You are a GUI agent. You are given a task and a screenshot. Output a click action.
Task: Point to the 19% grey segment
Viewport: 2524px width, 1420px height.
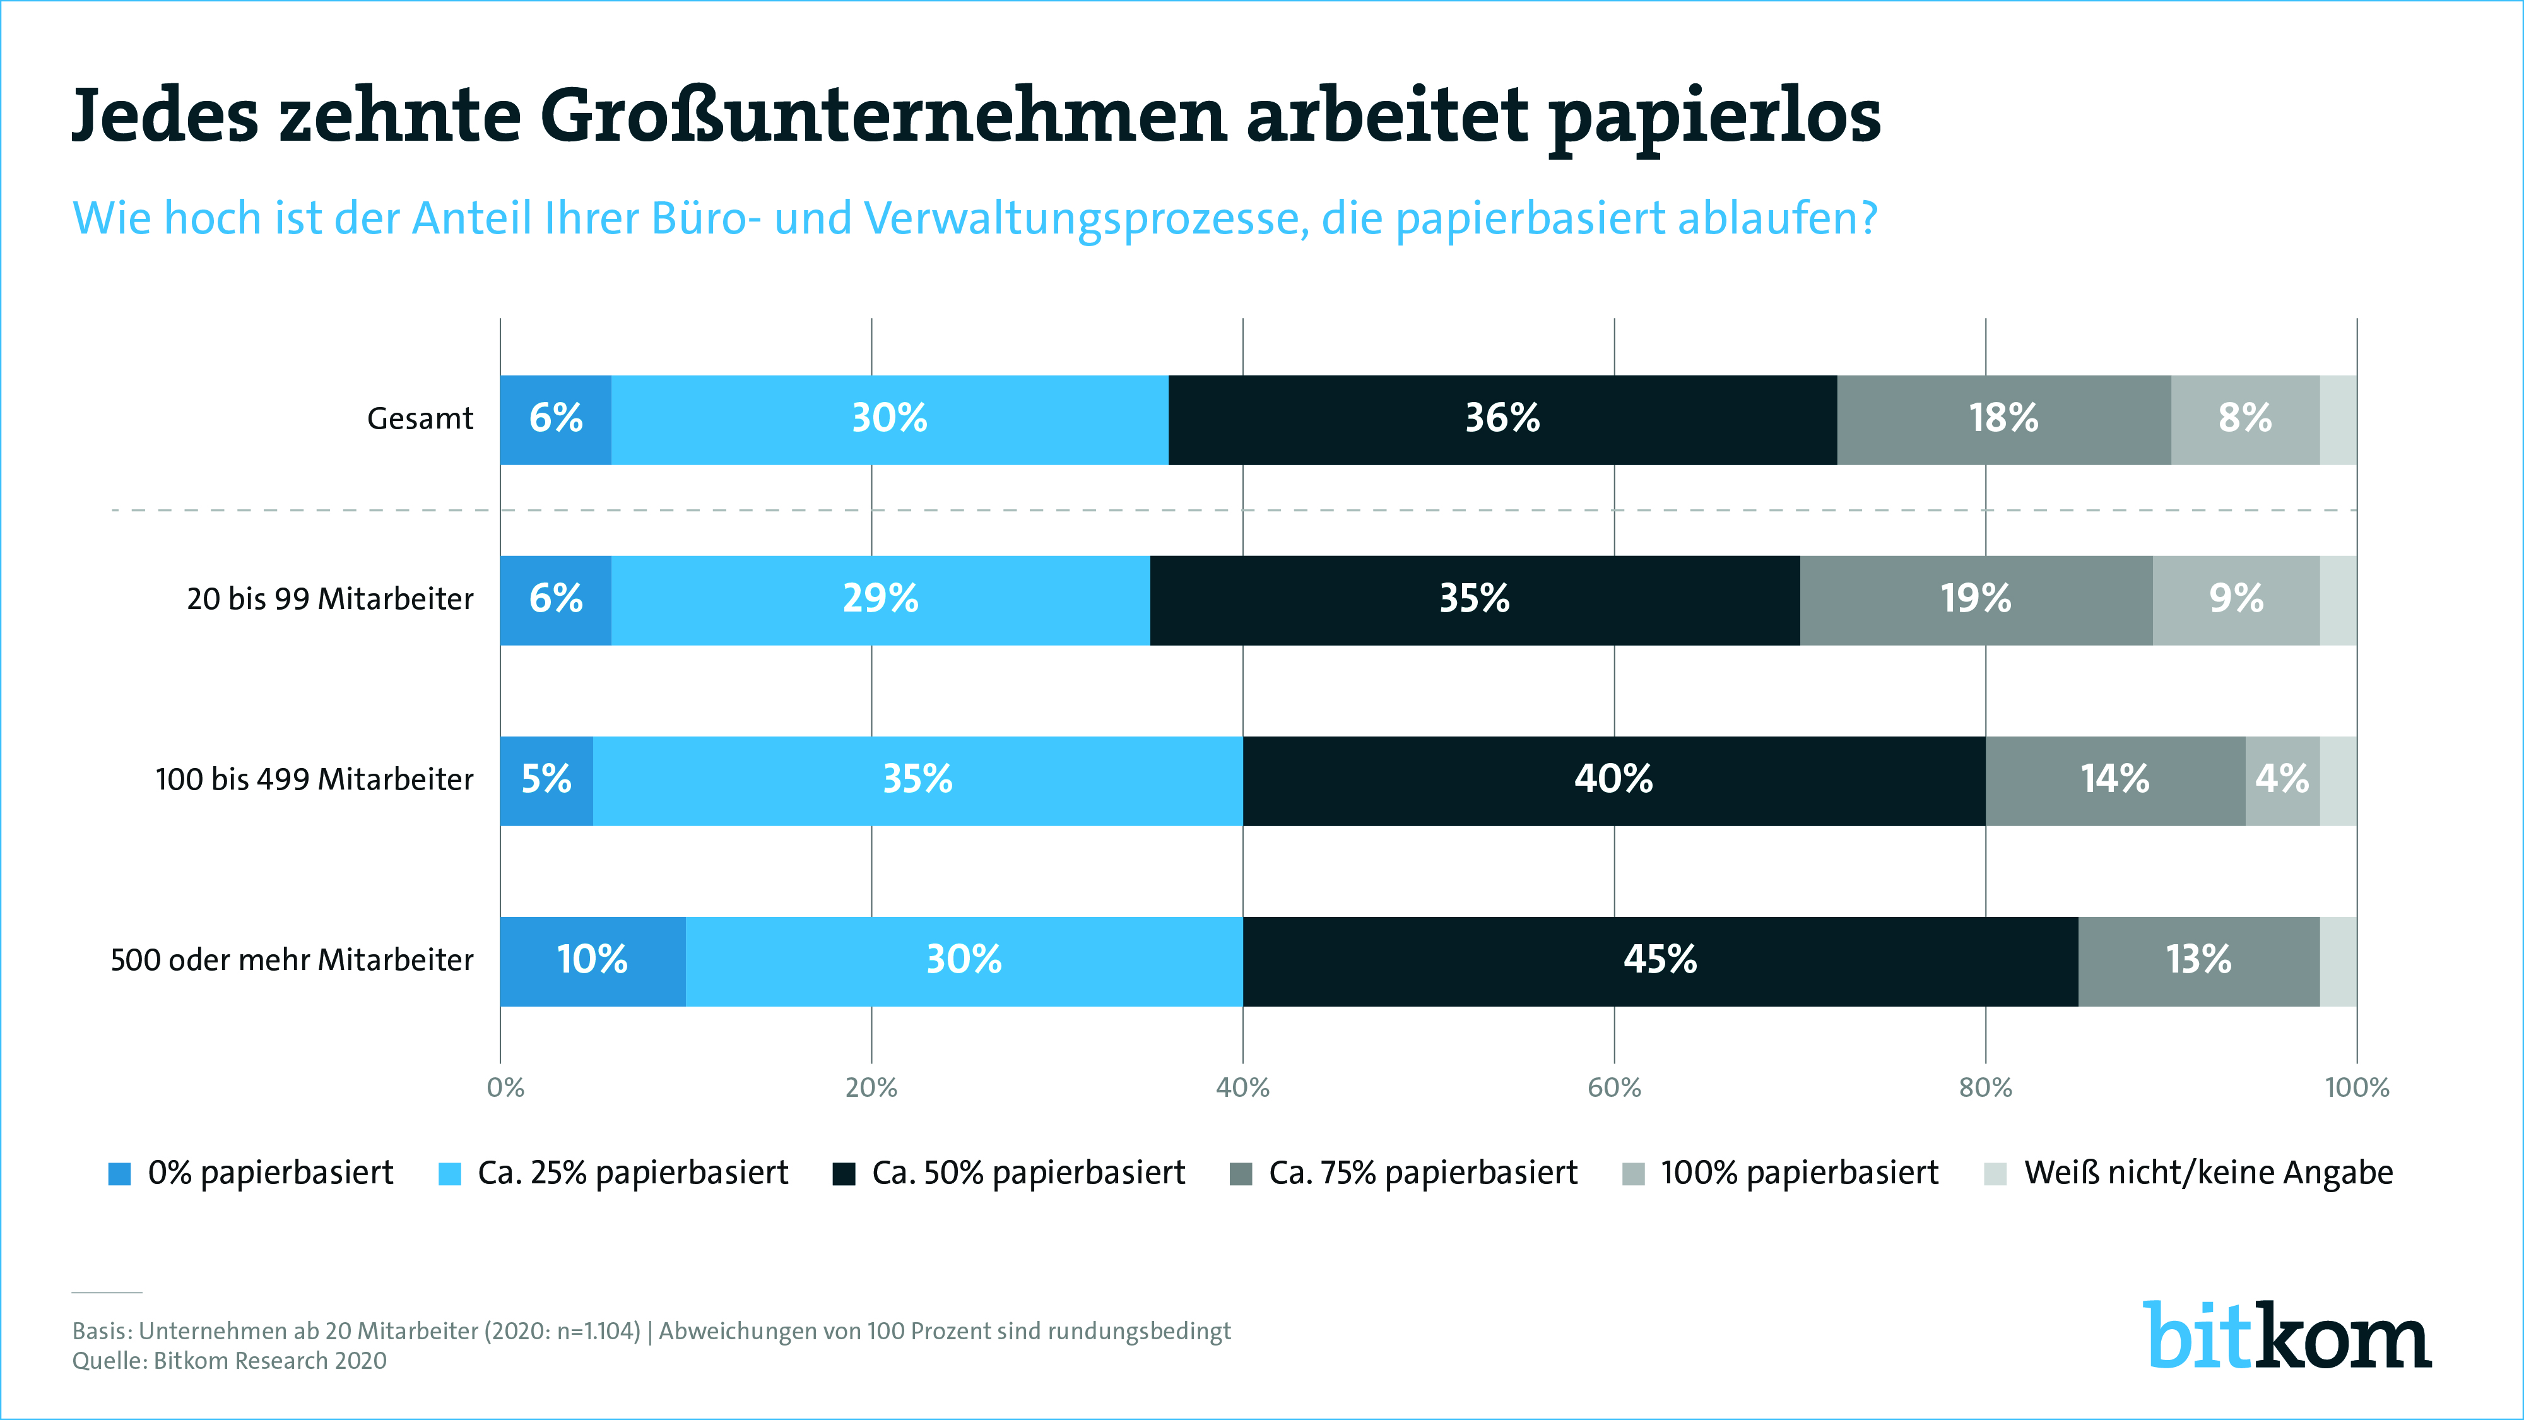tap(1975, 600)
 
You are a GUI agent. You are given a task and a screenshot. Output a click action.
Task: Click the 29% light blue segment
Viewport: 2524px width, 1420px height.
tap(880, 600)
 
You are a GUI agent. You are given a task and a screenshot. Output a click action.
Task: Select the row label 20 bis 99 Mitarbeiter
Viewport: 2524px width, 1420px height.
tap(330, 599)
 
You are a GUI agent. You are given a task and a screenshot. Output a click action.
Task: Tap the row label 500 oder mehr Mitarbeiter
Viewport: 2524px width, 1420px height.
tap(292, 959)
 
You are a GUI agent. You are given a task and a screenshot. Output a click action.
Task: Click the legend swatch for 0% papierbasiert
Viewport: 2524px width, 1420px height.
tap(119, 1174)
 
